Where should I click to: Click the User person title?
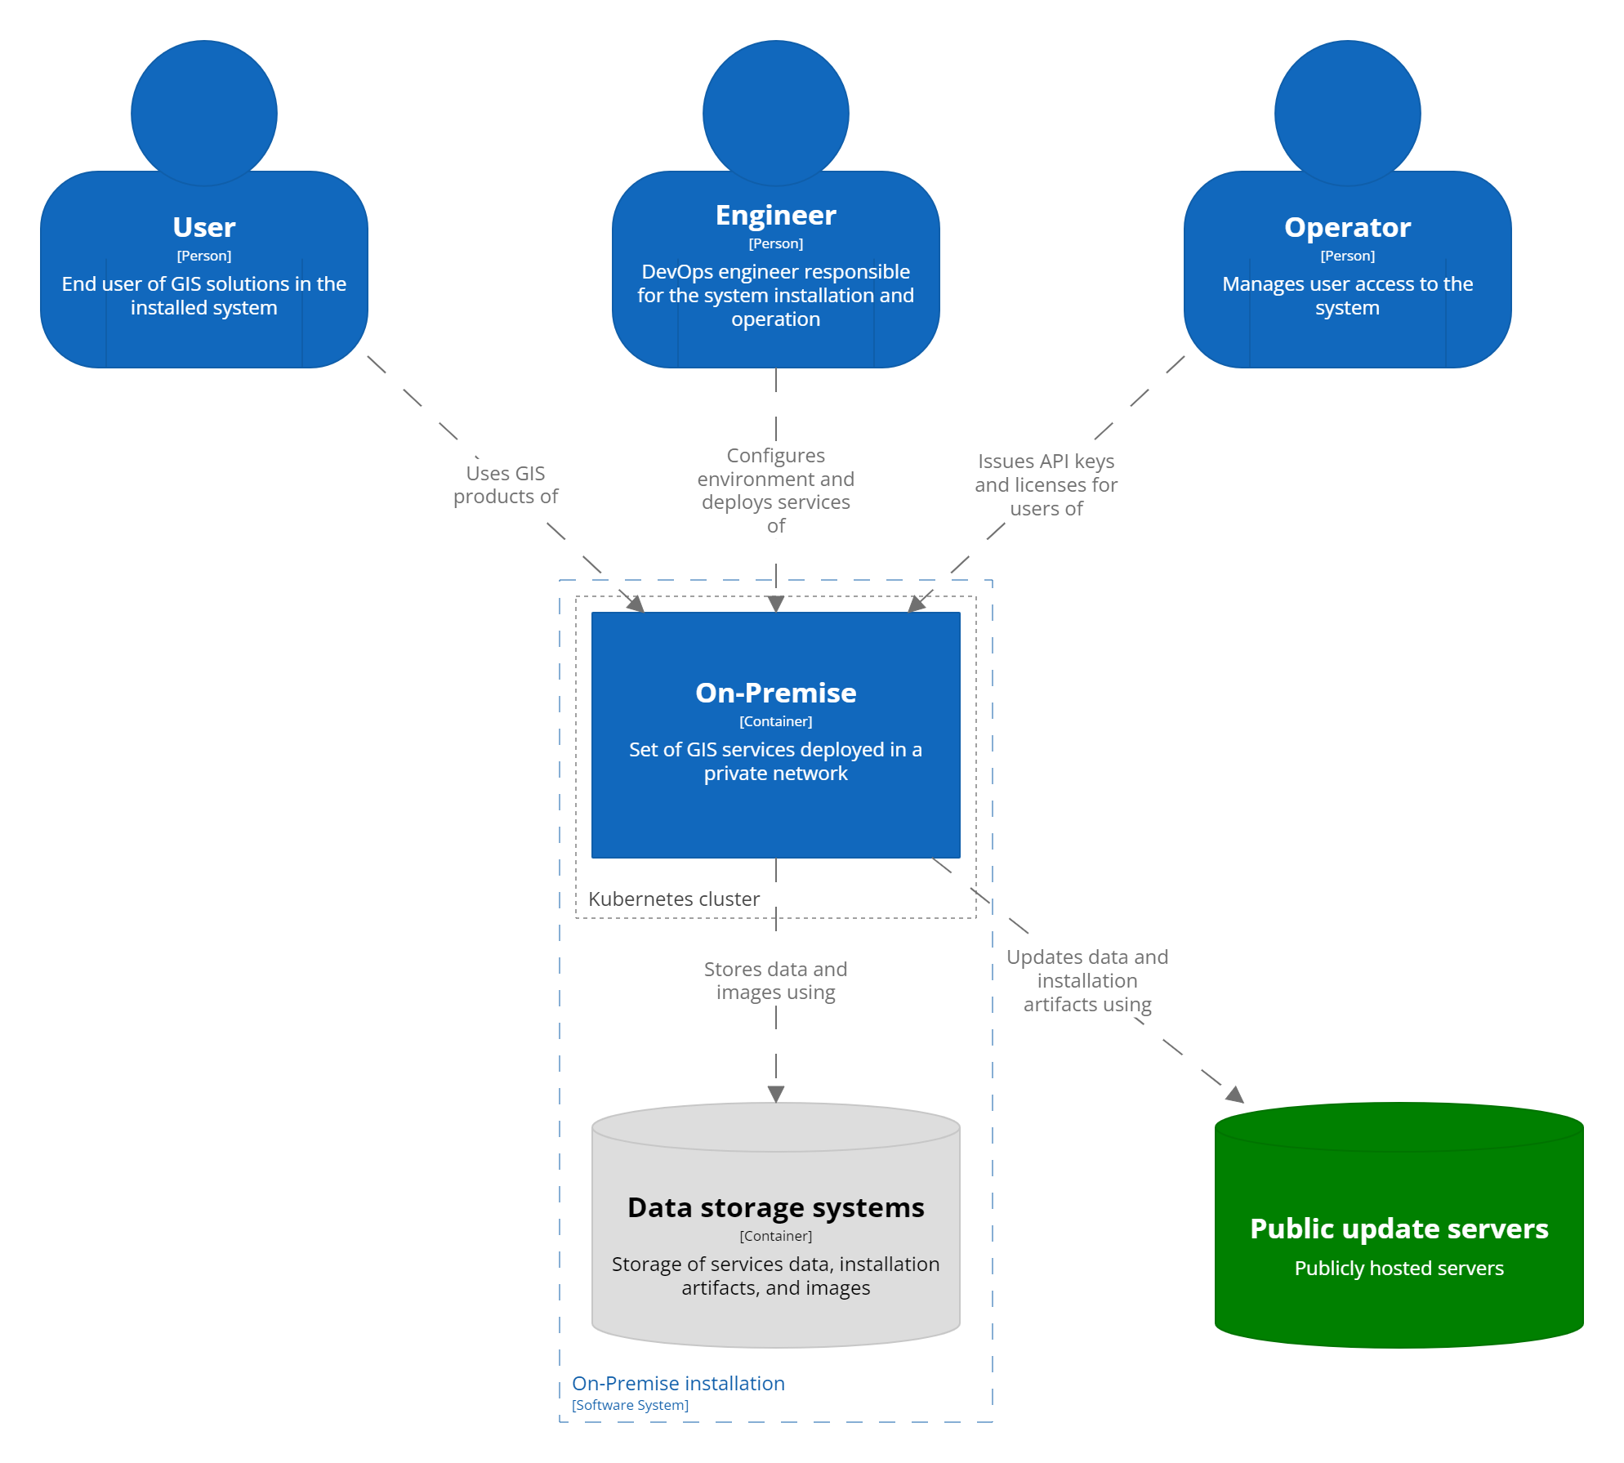pos(203,227)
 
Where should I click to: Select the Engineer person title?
pos(775,215)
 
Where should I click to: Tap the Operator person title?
pos(1347,227)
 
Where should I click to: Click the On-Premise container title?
pos(775,693)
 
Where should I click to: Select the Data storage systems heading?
pos(775,1207)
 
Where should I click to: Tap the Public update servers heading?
pos(1399,1229)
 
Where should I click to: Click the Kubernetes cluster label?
pos(674,899)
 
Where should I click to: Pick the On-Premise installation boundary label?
pos(678,1384)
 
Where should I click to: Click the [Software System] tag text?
pos(630,1405)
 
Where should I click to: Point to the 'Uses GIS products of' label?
pos(506,484)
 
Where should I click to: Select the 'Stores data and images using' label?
pos(775,980)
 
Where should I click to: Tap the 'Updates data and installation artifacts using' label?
pos(1086,980)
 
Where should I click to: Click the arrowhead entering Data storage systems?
pos(776,1094)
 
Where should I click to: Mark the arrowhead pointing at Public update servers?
pos(1235,1095)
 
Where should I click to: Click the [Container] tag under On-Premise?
pos(775,721)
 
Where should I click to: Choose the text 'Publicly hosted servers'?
pos(1399,1269)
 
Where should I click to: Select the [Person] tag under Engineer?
pos(775,243)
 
